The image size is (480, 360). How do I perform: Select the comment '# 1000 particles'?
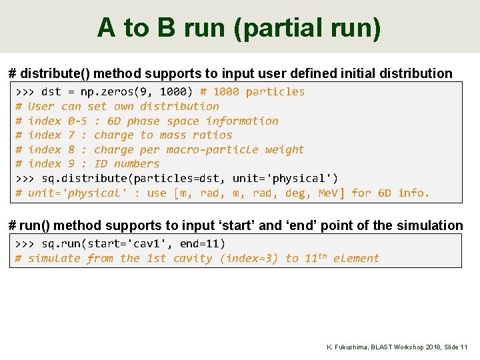pos(252,92)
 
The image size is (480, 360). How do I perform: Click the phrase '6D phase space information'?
pos(193,121)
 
